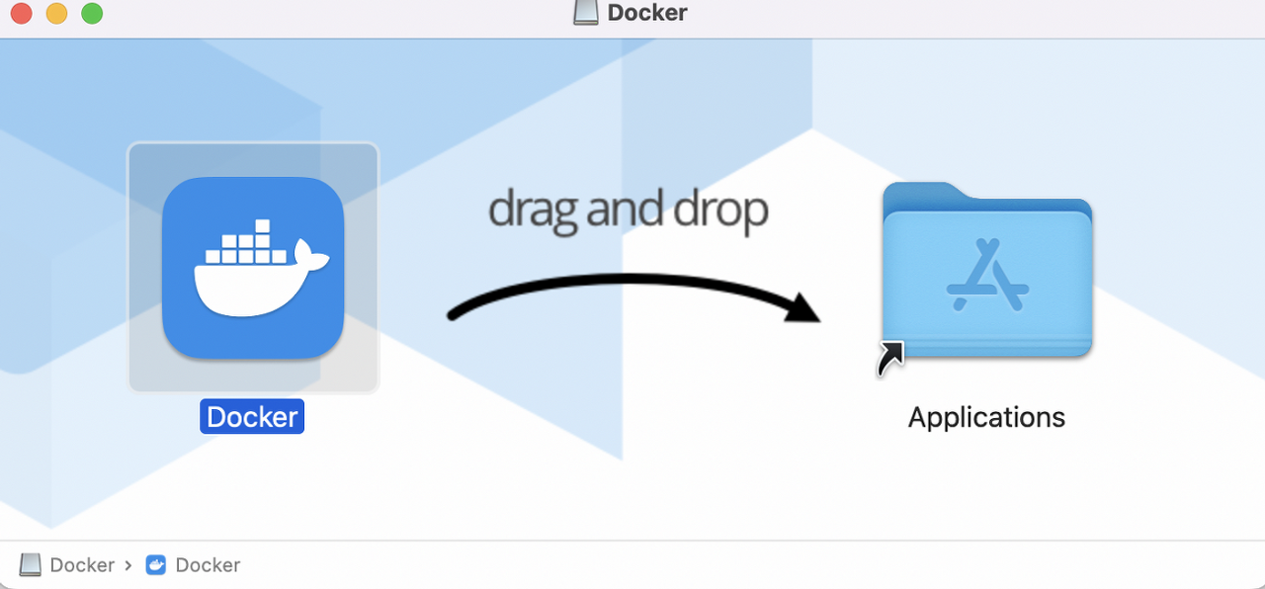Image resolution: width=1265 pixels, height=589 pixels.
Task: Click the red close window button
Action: coord(22,13)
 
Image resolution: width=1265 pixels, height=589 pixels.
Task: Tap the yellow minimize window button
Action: coord(56,13)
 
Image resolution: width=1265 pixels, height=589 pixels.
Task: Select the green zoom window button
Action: coord(92,13)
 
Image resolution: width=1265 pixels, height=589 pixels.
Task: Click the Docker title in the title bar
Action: coord(647,13)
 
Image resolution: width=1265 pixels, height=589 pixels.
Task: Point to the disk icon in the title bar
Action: coord(586,13)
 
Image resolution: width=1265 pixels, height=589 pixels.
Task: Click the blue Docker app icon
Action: coord(253,267)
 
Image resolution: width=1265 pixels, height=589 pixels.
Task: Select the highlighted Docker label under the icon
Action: coord(252,417)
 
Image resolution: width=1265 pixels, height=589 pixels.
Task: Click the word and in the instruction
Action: coord(626,210)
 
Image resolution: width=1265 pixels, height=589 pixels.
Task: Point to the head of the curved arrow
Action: coord(805,307)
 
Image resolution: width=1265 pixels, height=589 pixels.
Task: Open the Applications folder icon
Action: coord(986,272)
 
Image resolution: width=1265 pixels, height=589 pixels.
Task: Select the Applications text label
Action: coord(986,417)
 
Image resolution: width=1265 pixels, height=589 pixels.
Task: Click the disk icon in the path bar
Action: coord(31,564)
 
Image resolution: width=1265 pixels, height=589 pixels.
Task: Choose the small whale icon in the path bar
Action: coord(156,565)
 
